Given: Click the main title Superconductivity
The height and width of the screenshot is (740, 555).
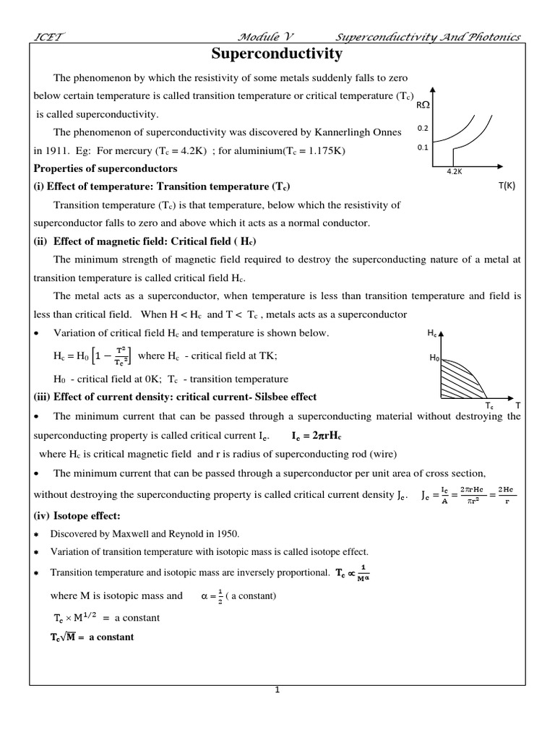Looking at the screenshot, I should coord(277,54).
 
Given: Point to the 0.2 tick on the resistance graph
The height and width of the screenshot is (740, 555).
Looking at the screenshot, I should coord(423,128).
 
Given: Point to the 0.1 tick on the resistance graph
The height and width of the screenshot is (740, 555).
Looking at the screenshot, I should coord(423,147).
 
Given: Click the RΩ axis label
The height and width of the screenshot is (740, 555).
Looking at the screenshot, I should coord(424,106).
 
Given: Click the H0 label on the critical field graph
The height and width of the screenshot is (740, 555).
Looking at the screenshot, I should coord(434,358).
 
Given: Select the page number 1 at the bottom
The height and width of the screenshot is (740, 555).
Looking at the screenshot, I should coord(276,690).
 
